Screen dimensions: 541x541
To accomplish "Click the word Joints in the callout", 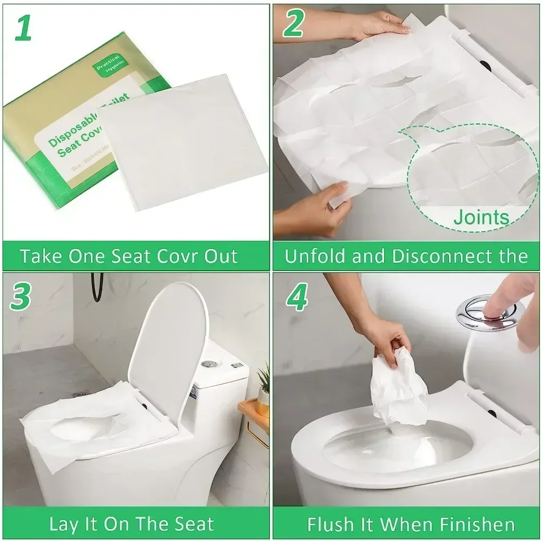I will (481, 217).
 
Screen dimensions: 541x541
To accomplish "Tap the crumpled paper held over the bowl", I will (399, 385).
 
